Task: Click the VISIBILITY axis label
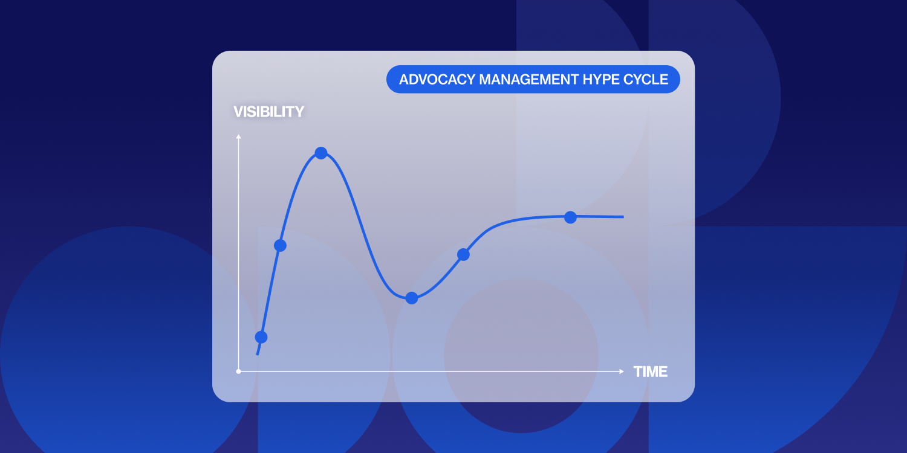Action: click(x=268, y=112)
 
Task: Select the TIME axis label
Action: click(x=651, y=372)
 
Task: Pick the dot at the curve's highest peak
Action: click(x=321, y=153)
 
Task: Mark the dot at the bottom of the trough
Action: click(x=412, y=298)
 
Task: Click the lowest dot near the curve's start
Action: click(x=261, y=337)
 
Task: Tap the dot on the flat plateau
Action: click(x=570, y=217)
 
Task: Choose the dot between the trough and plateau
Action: click(x=463, y=255)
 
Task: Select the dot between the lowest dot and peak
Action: click(x=280, y=245)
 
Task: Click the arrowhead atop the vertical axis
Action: click(x=239, y=137)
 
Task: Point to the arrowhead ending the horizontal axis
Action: click(x=622, y=371)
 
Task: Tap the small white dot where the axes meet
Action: click(x=239, y=371)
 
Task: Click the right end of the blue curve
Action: click(x=623, y=216)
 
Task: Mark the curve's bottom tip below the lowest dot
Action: click(x=258, y=354)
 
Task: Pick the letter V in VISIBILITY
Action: click(x=238, y=112)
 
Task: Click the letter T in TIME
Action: click(x=638, y=372)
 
